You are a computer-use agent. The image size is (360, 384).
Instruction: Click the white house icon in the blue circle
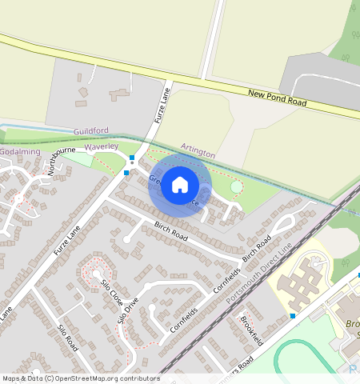(x=180, y=185)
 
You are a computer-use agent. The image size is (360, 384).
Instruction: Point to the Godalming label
(x=19, y=151)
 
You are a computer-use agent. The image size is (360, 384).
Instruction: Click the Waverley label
(x=101, y=147)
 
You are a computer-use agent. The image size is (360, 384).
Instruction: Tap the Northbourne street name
(x=61, y=160)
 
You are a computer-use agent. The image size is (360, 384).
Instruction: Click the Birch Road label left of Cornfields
(x=170, y=232)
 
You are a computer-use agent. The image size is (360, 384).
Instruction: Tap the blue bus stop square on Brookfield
(x=293, y=316)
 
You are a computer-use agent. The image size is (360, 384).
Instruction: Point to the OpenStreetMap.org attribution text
(x=116, y=378)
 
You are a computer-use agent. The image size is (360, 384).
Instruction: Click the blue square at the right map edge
(x=358, y=275)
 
